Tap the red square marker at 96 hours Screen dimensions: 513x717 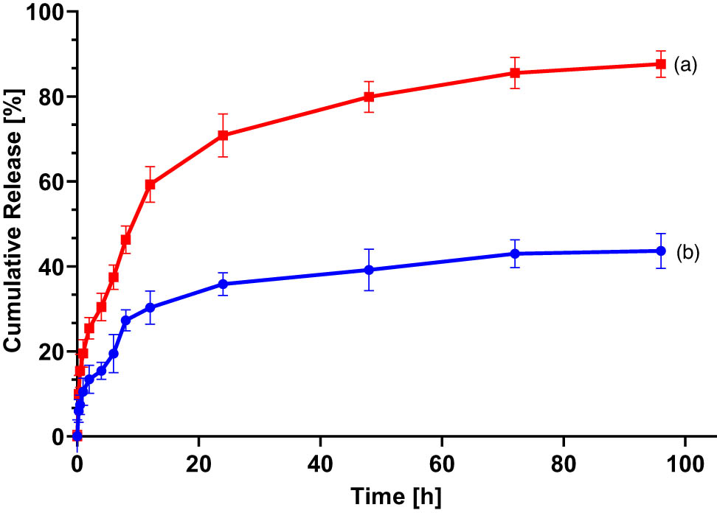point(660,64)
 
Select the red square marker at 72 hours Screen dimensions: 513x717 point(514,73)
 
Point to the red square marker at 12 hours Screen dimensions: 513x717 point(150,184)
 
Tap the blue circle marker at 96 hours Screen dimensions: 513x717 point(660,251)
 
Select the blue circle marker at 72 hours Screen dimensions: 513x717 point(514,254)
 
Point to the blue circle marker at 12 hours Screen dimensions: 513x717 point(150,307)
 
